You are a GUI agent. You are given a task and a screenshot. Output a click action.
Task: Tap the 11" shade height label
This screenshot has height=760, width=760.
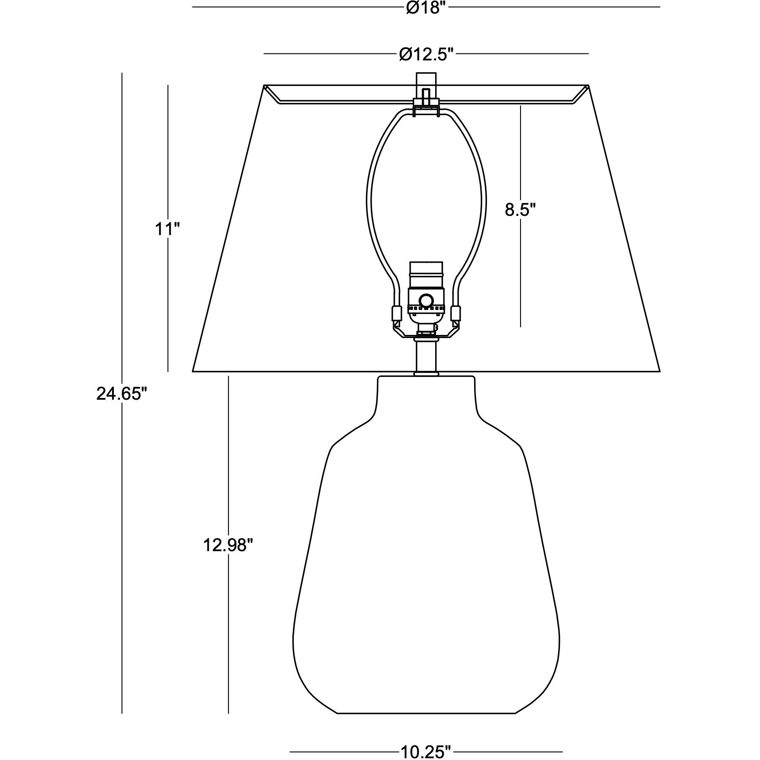point(168,229)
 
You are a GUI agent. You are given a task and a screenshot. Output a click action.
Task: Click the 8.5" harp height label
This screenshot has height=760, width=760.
point(520,210)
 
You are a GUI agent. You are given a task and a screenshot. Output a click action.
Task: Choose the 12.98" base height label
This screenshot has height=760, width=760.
point(228,546)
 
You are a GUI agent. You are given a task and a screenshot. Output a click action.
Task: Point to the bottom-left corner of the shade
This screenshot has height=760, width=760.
point(194,371)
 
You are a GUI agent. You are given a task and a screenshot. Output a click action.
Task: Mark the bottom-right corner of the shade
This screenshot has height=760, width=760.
point(659,371)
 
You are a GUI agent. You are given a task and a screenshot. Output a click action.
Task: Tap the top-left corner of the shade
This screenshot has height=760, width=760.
point(264,85)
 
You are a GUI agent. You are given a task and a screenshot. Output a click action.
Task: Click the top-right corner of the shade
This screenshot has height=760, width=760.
point(588,85)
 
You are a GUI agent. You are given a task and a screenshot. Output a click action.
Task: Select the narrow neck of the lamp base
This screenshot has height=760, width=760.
point(426,396)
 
